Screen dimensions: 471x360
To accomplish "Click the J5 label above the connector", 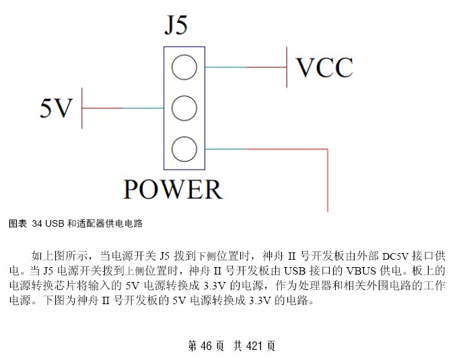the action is [x=176, y=25].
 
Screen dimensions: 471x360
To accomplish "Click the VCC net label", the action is [x=324, y=67].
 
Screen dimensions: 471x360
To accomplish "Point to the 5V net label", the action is [x=56, y=108].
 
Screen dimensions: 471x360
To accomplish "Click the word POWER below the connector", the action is [x=173, y=189].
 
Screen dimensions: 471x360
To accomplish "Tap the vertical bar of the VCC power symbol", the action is [x=287, y=67].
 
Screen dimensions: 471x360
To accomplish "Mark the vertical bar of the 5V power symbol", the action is [x=82, y=108].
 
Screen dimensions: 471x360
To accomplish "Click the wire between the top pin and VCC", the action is [x=246, y=67].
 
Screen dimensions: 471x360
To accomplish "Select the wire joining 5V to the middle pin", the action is [x=123, y=108].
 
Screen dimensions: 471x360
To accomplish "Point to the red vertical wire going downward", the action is [x=328, y=180].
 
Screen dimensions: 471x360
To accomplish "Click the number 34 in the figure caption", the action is [x=37, y=223].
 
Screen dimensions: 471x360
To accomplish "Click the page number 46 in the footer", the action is [x=206, y=346].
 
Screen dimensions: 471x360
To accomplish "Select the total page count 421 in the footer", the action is [x=254, y=346].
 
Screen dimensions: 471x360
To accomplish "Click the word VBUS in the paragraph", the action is [x=361, y=271].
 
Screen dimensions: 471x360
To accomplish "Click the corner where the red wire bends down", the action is [x=328, y=149].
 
